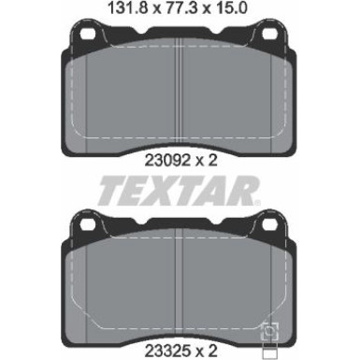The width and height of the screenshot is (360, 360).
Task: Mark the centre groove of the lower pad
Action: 180,285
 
